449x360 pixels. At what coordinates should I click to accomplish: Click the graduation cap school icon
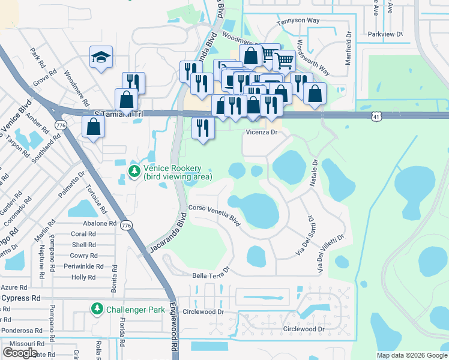pos(101,58)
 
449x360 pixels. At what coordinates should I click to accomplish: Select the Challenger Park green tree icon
pos(96,309)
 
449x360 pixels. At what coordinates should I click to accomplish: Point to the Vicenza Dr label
pos(262,132)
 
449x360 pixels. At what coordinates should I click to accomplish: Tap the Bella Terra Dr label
pos(211,273)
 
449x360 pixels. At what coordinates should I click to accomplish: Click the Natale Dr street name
pos(314,173)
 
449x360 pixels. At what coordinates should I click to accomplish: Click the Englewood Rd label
pos(175,336)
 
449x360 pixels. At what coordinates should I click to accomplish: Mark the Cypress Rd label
pos(20,298)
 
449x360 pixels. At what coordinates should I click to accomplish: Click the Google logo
pos(20,352)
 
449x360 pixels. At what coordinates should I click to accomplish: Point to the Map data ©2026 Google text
pos(411,355)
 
